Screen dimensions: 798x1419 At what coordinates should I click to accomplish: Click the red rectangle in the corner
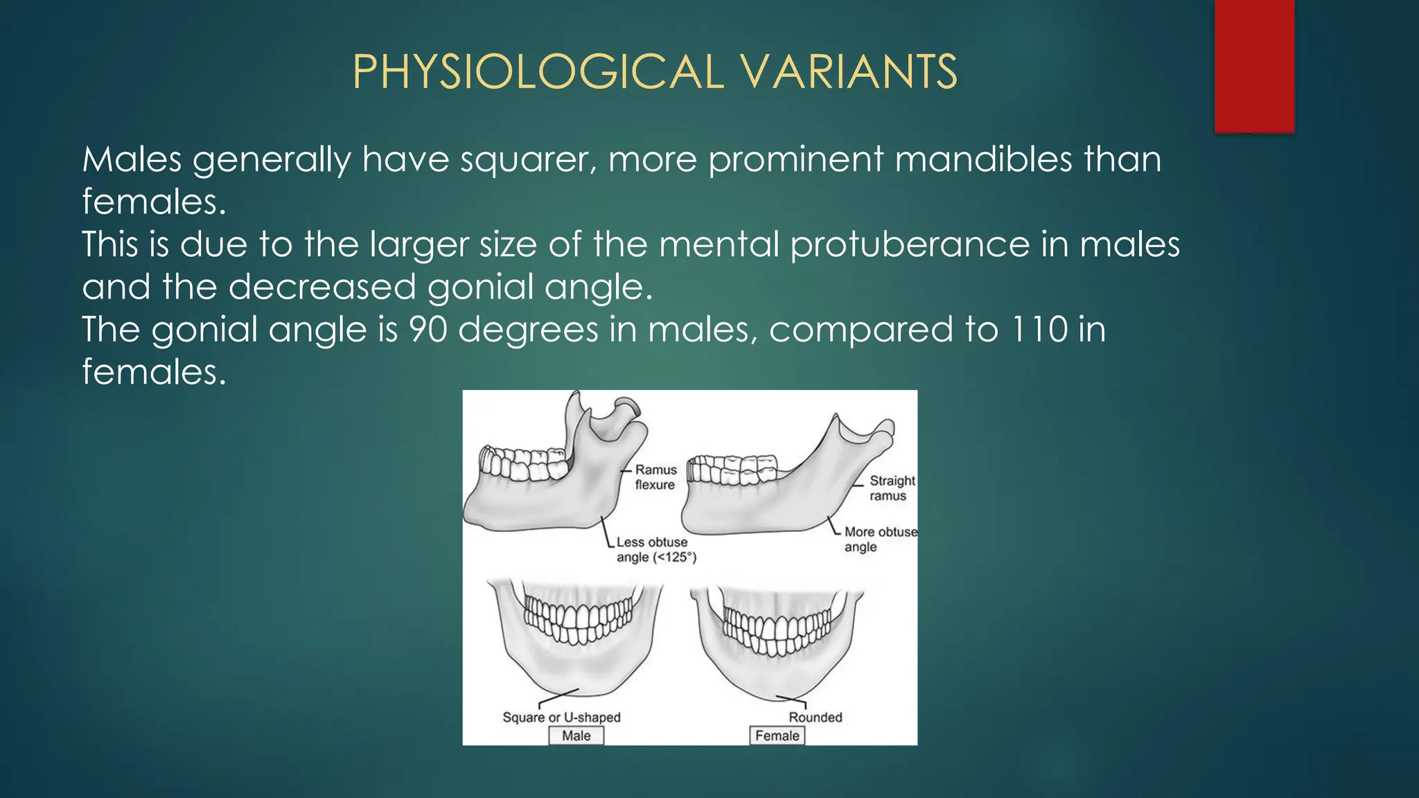1254,66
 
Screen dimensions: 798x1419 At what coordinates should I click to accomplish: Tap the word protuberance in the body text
910,245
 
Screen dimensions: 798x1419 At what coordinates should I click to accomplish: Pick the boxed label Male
576,736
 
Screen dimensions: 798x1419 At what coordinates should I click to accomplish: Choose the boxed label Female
777,736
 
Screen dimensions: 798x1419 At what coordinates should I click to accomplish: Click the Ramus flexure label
655,477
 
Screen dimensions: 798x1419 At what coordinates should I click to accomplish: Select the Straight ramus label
892,488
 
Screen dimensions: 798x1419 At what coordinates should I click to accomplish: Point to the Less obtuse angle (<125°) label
655,550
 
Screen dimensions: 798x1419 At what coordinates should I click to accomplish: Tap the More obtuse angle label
879,539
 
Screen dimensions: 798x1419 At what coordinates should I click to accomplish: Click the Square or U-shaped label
561,718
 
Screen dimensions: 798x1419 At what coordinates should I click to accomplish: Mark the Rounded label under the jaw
815,718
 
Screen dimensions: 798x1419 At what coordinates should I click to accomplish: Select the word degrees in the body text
528,330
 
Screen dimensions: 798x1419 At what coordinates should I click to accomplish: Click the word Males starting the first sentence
132,159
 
